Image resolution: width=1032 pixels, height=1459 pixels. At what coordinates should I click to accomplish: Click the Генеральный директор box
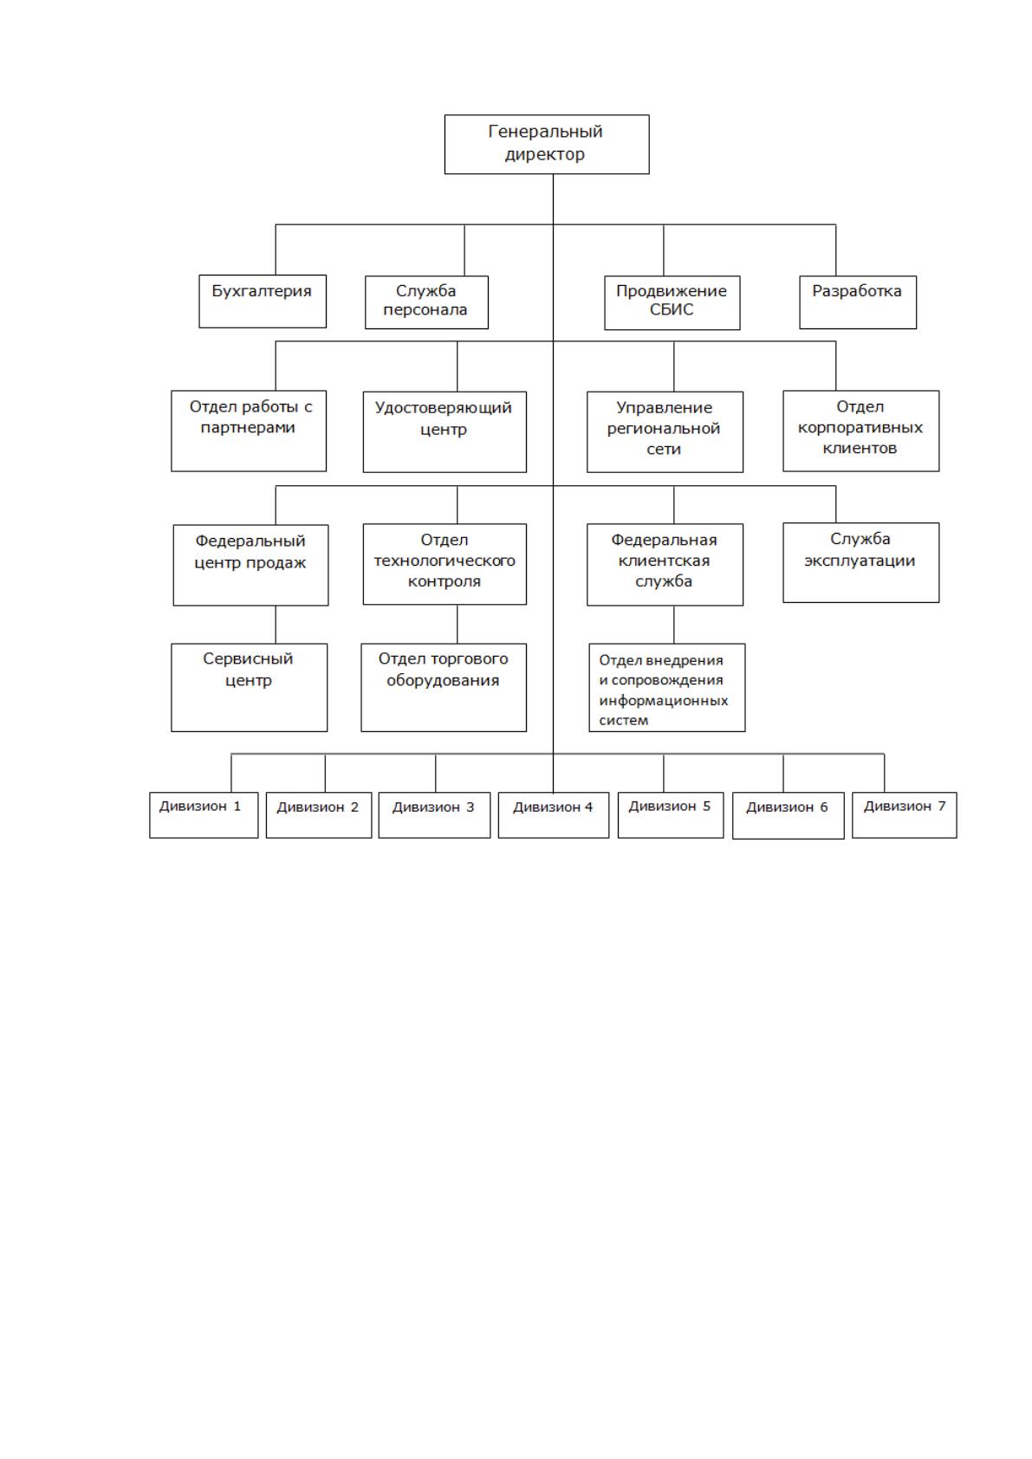[x=547, y=145]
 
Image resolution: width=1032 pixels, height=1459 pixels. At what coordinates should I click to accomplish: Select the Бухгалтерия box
[x=263, y=301]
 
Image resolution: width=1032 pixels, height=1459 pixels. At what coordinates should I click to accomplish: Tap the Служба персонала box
[x=426, y=302]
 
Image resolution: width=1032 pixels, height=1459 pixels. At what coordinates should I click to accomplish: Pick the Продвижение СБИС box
[x=672, y=303]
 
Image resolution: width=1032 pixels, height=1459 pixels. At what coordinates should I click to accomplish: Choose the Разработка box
[x=858, y=302]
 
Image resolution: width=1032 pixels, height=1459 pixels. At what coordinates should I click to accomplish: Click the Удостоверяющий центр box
[x=445, y=431]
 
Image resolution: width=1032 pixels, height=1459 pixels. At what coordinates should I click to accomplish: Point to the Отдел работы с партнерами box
[x=249, y=431]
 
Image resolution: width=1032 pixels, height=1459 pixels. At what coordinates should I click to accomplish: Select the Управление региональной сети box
[x=665, y=431]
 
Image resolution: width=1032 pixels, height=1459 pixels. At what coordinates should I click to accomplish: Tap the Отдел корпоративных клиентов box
[x=861, y=431]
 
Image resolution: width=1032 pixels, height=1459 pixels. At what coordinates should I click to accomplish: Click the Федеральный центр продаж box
[x=250, y=566]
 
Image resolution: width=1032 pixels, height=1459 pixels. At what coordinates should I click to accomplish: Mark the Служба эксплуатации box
[x=861, y=563]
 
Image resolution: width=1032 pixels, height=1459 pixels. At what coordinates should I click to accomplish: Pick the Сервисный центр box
[x=250, y=688]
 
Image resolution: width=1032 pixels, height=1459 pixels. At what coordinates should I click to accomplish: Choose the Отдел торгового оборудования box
[x=444, y=688]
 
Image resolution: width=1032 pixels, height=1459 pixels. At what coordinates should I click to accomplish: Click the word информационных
[x=663, y=701]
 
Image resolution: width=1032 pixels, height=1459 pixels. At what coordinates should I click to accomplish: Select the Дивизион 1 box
[x=204, y=814]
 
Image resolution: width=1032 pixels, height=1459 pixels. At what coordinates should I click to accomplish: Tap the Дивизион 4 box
[x=554, y=814]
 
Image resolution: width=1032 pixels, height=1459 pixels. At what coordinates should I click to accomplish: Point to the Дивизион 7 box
[x=905, y=814]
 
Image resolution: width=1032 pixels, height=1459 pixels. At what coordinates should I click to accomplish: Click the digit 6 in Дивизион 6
[x=823, y=807]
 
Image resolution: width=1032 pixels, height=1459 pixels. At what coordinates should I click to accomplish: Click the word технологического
[x=445, y=561]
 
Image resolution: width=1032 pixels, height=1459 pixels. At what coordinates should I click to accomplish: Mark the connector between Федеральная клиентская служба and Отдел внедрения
[x=673, y=625]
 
